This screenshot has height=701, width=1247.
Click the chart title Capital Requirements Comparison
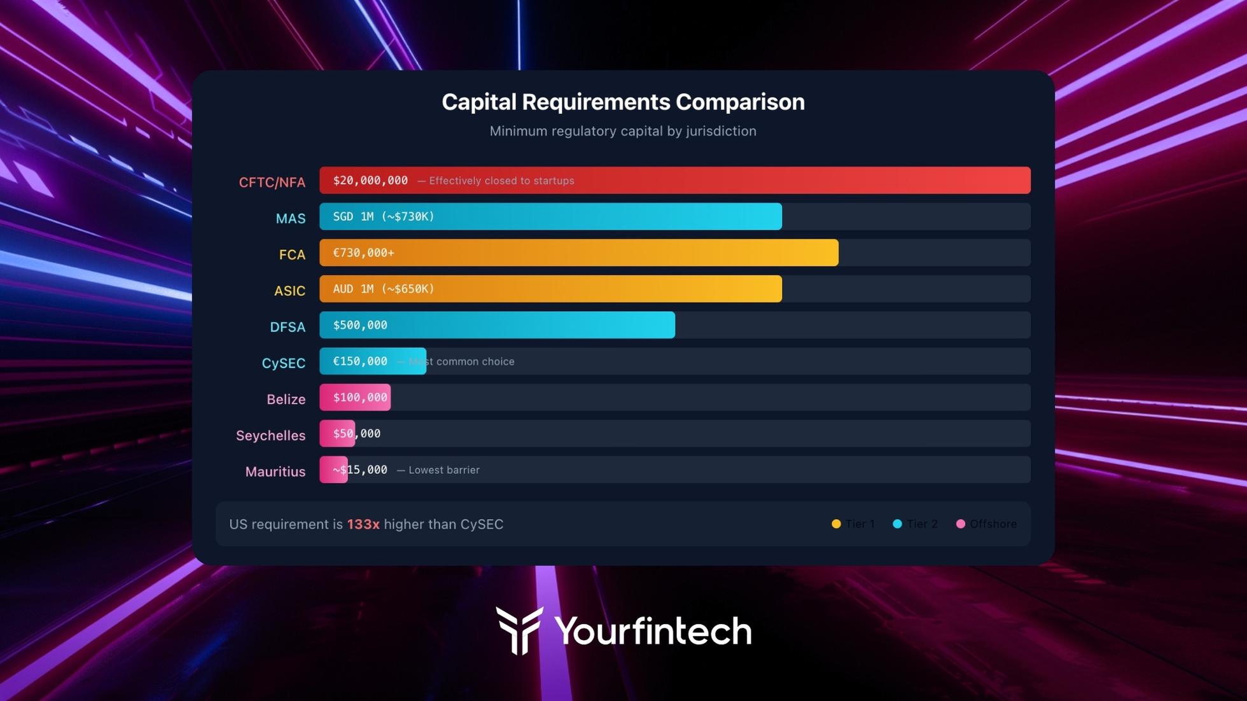coord(623,102)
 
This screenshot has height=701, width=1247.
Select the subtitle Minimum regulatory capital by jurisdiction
coord(623,131)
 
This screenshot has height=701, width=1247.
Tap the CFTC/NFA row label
coord(272,183)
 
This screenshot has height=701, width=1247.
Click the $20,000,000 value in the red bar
coord(370,181)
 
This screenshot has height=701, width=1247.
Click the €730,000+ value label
coord(363,253)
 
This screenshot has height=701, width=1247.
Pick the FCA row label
coord(292,255)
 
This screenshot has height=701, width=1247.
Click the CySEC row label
coord(283,363)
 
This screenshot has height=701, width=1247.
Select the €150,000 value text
coord(360,361)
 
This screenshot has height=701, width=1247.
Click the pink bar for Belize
coord(355,398)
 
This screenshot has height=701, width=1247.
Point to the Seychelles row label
coord(270,436)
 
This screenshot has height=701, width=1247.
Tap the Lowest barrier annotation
coord(443,470)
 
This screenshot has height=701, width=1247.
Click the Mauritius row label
coord(275,472)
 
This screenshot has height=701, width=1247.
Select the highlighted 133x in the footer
coord(363,524)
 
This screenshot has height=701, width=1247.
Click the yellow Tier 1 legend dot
coord(836,524)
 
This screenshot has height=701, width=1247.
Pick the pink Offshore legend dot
coord(961,524)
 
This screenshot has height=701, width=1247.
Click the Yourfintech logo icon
coord(519,630)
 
